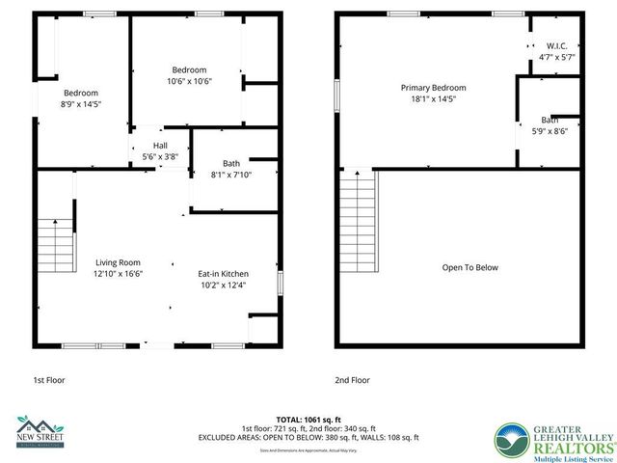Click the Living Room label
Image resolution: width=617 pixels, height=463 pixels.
click(x=118, y=261)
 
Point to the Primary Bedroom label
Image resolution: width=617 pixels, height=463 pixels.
click(x=433, y=87)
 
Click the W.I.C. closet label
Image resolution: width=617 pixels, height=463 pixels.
click(x=556, y=45)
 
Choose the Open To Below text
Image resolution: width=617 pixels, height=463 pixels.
click(x=469, y=267)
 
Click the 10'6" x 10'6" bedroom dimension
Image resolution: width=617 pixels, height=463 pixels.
click(x=189, y=81)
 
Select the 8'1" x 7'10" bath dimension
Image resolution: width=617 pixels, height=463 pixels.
click(x=230, y=174)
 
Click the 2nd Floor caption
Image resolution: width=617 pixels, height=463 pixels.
click(x=352, y=380)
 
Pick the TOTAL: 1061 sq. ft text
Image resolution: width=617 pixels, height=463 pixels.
click(x=308, y=419)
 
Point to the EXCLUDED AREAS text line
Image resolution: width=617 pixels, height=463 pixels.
click(x=308, y=437)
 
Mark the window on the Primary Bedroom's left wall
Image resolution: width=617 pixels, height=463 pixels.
click(x=336, y=97)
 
